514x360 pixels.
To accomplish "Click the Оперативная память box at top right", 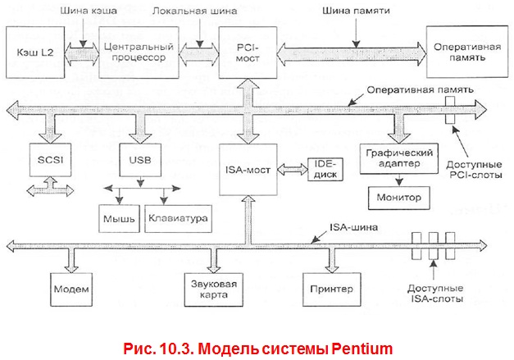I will (462, 52).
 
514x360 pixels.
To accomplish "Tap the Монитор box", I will (398, 198).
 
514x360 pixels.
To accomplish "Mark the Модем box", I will (71, 289).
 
